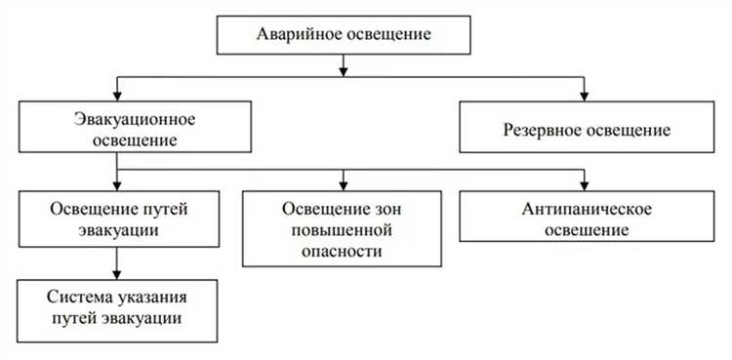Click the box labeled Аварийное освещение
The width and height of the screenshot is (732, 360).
[x=343, y=35]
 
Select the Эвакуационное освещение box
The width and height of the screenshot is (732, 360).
[x=116, y=130]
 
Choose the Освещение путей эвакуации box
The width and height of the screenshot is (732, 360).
[x=116, y=220]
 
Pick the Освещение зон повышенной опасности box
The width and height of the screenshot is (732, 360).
[x=343, y=230]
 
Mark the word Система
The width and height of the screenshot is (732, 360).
[x=75, y=298]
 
